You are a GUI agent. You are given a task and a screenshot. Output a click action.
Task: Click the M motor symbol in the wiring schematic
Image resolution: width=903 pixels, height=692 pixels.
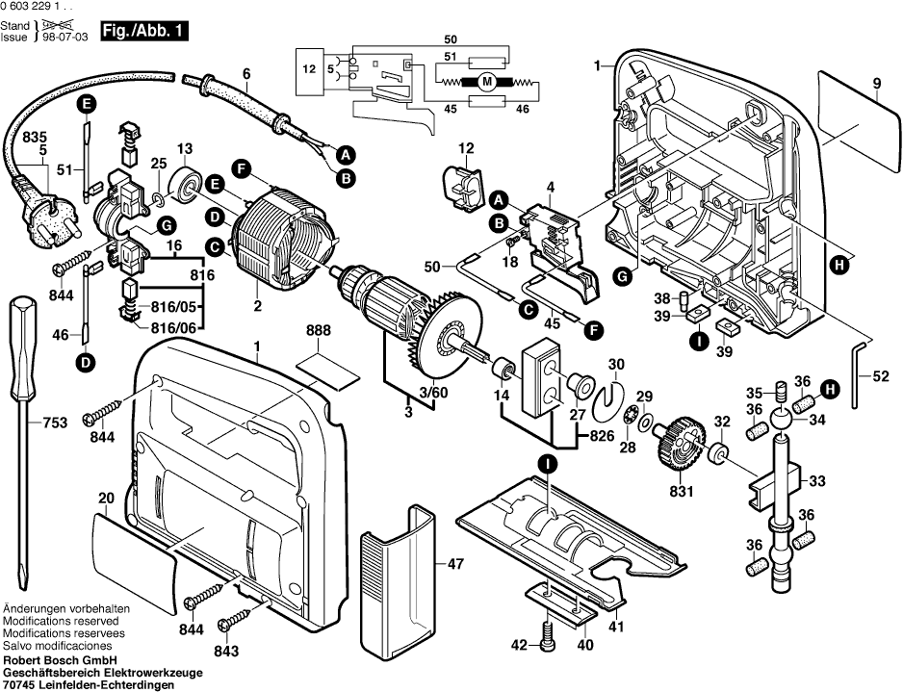pos(486,82)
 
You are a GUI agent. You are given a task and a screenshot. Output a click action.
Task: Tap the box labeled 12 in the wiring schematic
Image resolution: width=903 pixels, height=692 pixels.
pos(308,69)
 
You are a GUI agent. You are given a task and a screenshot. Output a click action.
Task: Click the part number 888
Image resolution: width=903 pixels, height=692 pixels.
pos(319,331)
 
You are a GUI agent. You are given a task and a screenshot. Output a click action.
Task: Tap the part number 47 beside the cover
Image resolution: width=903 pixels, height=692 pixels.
pos(453,566)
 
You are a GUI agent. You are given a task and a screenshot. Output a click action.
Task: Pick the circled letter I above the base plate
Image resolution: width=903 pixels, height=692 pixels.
pos(546,464)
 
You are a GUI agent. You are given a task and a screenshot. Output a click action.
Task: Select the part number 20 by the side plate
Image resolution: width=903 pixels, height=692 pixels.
pos(106,498)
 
